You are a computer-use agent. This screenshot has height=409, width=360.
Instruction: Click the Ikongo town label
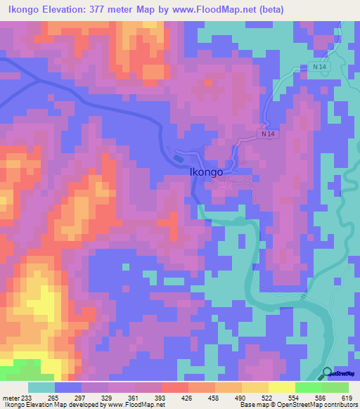pyautogui.click(x=207, y=171)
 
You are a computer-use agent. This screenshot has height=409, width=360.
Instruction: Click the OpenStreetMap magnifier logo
pyautogui.click(x=327, y=373)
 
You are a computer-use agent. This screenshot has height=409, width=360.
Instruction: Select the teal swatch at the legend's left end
pyautogui.click(x=41, y=387)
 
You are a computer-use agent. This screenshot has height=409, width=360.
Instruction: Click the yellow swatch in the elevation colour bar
pyautogui.click(x=281, y=387)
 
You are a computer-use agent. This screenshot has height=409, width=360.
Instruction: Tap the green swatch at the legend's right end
pyautogui.click(x=335, y=387)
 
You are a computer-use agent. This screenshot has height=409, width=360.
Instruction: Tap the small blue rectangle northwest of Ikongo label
pyautogui.click(x=177, y=158)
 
